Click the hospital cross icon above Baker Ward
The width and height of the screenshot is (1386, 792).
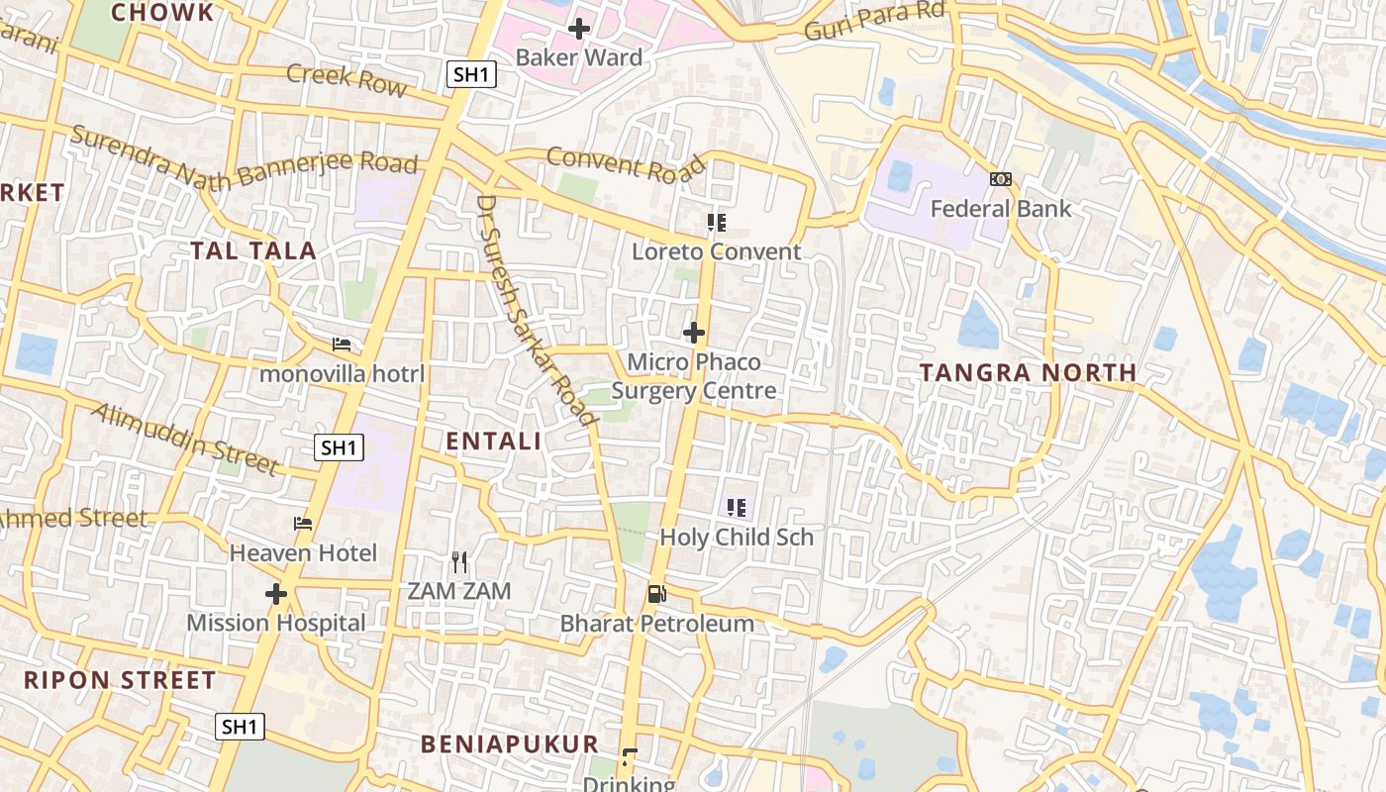pyautogui.click(x=579, y=29)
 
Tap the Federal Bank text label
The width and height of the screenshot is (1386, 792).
pyautogui.click(x=1000, y=209)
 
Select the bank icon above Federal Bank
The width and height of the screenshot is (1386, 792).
pyautogui.click(x=1000, y=179)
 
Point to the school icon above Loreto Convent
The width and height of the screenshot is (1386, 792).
pyautogui.click(x=716, y=223)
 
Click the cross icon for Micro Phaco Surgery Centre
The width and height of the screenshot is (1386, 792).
pyautogui.click(x=694, y=333)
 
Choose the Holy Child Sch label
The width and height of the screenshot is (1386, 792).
pyautogui.click(x=737, y=538)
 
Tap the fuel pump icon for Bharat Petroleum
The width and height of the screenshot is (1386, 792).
pyautogui.click(x=656, y=594)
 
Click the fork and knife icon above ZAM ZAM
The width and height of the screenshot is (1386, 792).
pyautogui.click(x=458, y=562)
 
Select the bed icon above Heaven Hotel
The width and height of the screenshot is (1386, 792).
pyautogui.click(x=303, y=524)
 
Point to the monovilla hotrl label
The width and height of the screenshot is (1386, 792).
pyautogui.click(x=342, y=374)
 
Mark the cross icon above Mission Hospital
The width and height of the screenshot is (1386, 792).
pyautogui.click(x=276, y=594)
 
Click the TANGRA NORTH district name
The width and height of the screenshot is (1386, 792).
pyautogui.click(x=1028, y=373)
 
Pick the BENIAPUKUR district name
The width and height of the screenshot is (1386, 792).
pyautogui.click(x=510, y=744)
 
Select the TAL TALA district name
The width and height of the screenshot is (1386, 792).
pyautogui.click(x=253, y=250)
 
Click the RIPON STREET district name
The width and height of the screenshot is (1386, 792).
pyautogui.click(x=120, y=680)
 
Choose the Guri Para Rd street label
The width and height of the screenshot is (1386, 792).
pyautogui.click(x=875, y=22)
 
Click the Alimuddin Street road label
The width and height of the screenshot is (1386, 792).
pyautogui.click(x=185, y=438)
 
